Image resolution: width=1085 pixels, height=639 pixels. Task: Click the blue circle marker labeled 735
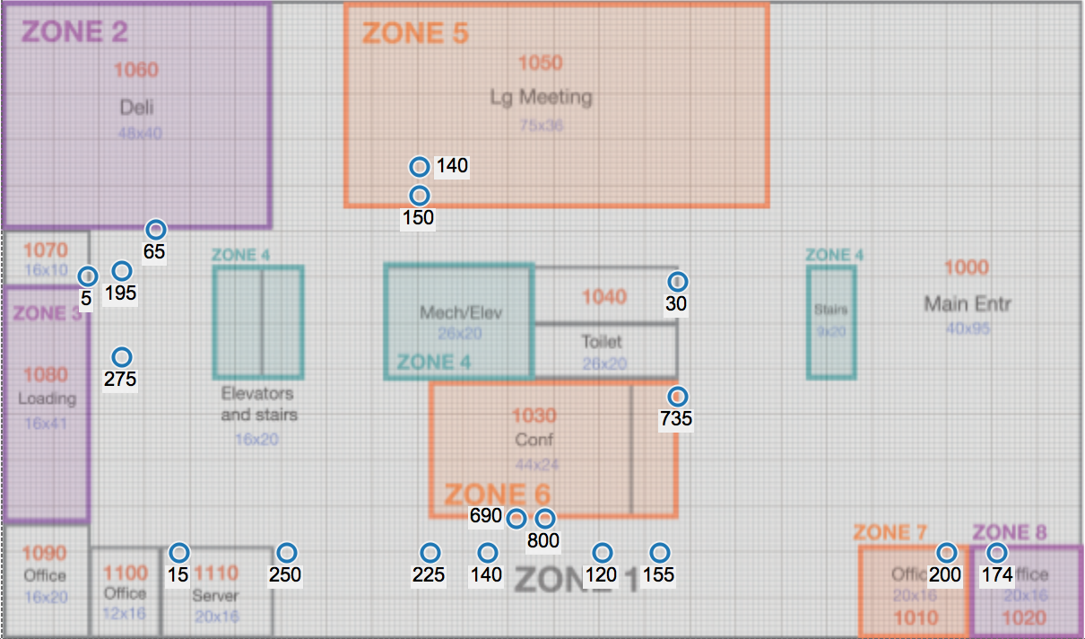[677, 397]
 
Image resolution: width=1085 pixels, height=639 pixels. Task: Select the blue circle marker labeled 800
[544, 519]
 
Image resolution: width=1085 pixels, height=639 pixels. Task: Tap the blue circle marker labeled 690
[516, 518]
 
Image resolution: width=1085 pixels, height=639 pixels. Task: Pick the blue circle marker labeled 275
[121, 357]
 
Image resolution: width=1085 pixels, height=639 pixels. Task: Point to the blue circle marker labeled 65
[156, 230]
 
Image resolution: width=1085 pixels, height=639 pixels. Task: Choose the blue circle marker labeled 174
[996, 553]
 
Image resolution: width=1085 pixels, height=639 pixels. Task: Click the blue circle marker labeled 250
[286, 553]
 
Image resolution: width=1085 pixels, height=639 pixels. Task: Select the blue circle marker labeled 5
[87, 276]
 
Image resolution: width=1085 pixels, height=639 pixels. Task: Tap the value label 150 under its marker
[418, 218]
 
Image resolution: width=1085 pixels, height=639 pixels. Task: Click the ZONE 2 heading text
[75, 32]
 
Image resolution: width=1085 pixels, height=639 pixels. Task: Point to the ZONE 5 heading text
[415, 34]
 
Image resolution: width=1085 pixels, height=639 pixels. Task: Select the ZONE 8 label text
[1009, 533]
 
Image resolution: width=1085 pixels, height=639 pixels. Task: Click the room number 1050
[541, 63]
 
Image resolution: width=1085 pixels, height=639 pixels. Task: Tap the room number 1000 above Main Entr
[967, 267]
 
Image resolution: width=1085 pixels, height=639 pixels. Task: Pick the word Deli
[136, 108]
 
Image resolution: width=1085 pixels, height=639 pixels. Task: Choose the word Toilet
[601, 342]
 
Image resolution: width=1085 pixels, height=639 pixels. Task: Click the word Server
[216, 596]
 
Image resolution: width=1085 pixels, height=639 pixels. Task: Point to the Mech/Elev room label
[461, 313]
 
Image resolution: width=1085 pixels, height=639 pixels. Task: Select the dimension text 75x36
[541, 126]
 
